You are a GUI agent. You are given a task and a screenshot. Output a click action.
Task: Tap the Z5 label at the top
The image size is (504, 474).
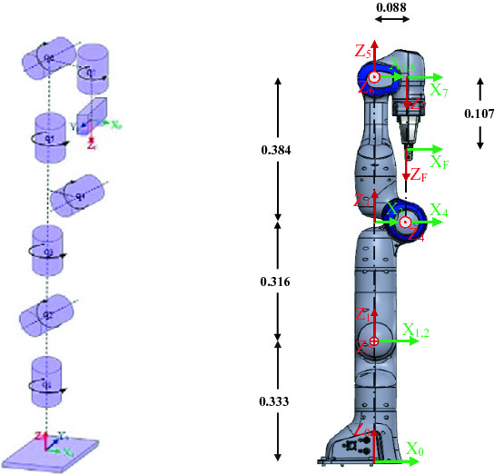coord(362,50)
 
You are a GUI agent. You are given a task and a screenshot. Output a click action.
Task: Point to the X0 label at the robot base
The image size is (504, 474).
coord(415,449)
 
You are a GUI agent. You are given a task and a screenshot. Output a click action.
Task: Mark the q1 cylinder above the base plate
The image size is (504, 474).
coord(47,380)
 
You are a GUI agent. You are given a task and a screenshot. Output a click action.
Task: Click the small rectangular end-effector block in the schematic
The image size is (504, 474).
coord(92,115)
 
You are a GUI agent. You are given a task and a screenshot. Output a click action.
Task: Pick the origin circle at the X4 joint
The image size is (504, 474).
coord(405,222)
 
